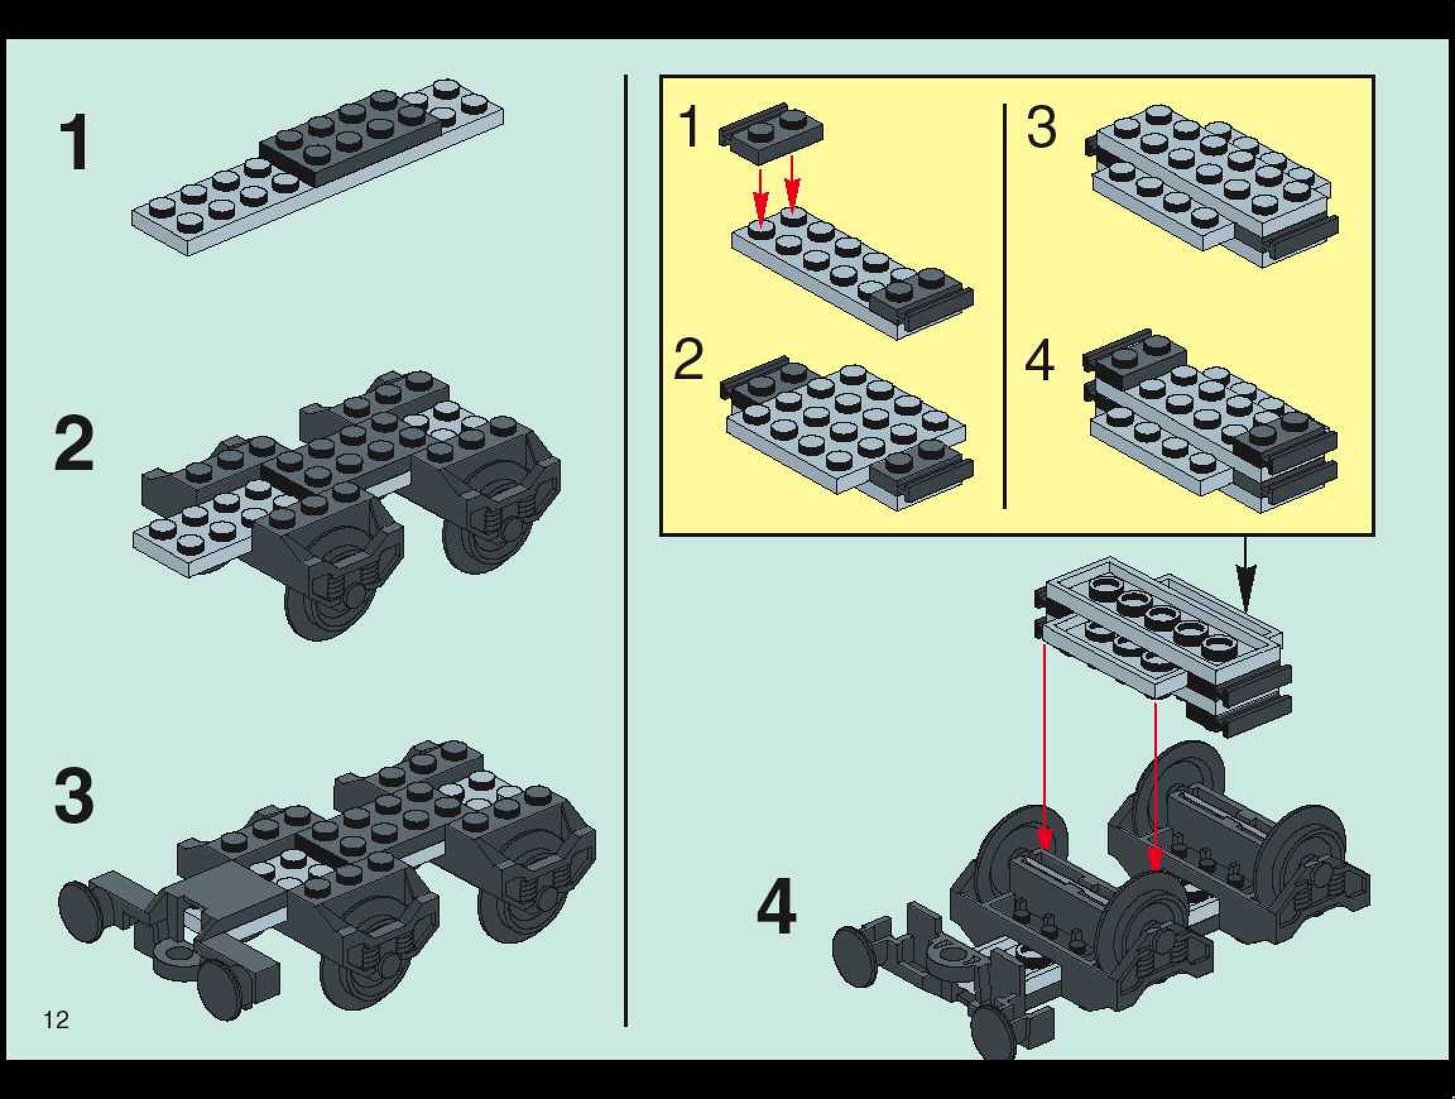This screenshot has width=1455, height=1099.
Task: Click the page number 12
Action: point(56,1019)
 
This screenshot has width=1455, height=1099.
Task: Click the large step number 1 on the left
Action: point(74,142)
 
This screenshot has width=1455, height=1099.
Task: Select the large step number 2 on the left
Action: point(74,445)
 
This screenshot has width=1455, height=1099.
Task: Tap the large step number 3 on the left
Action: point(74,796)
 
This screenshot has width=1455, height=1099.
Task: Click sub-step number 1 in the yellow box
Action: point(689,126)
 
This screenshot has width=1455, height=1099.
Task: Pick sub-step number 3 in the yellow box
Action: point(1041,126)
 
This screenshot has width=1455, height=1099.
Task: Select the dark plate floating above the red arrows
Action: point(770,132)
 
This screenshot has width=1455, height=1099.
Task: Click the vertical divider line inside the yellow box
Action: point(1005,305)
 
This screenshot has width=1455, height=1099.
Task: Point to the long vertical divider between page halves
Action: point(626,550)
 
